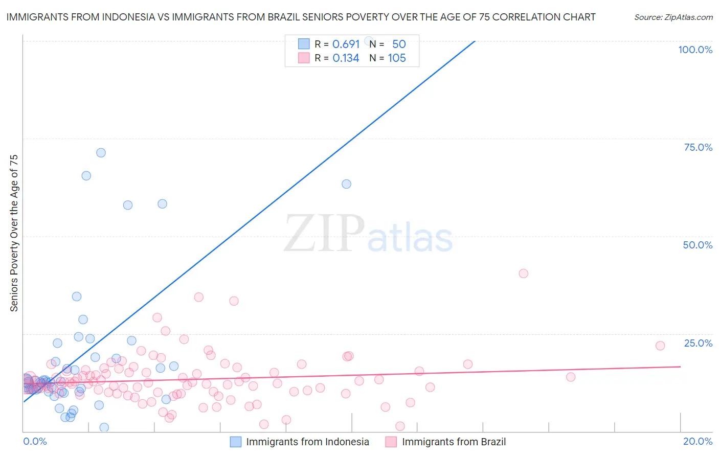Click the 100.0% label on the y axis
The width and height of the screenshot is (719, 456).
tap(695, 50)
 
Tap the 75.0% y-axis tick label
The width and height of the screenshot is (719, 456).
tap(698, 147)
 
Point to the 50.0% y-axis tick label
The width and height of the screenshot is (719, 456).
tap(698, 245)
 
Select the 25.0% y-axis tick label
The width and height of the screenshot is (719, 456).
tap(698, 343)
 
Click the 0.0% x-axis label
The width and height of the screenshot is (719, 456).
tap(35, 441)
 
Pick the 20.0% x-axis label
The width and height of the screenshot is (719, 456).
tap(698, 441)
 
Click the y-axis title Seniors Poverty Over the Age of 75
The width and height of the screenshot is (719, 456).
tap(14, 233)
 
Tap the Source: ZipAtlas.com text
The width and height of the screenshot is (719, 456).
tap(673, 17)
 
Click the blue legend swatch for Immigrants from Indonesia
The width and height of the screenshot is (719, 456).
tap(235, 442)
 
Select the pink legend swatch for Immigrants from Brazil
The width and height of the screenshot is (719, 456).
tap(391, 442)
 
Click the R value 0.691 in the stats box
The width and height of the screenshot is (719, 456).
tap(346, 44)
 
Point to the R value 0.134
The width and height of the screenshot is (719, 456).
tap(346, 58)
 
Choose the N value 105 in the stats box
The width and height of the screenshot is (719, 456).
tap(397, 58)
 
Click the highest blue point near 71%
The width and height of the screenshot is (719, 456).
tap(101, 153)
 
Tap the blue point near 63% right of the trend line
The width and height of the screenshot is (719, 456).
tap(346, 184)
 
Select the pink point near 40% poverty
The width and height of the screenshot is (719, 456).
tap(523, 273)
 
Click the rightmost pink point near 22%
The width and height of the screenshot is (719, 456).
tap(660, 346)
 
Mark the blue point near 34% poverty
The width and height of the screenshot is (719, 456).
tap(77, 297)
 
